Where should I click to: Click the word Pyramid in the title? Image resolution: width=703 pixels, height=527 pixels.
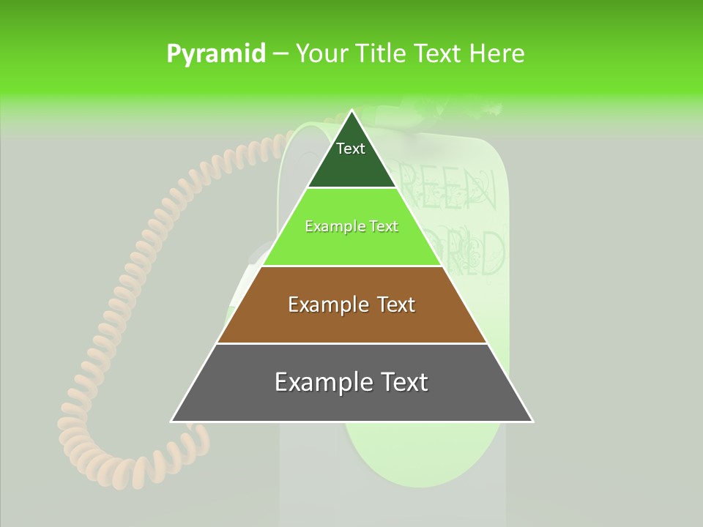(x=215, y=53)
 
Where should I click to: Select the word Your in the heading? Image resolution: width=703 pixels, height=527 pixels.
(x=321, y=53)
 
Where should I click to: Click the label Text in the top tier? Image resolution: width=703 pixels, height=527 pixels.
(x=351, y=149)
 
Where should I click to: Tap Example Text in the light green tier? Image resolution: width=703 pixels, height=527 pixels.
(x=351, y=226)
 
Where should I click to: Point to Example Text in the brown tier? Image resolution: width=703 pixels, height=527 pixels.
(x=351, y=304)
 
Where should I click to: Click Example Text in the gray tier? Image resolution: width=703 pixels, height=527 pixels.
(x=351, y=382)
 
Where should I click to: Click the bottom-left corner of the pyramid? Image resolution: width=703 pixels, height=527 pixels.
(x=172, y=421)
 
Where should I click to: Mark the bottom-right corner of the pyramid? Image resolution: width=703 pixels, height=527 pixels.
(x=532, y=421)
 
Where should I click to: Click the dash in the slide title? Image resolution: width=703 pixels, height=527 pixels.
(x=280, y=53)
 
